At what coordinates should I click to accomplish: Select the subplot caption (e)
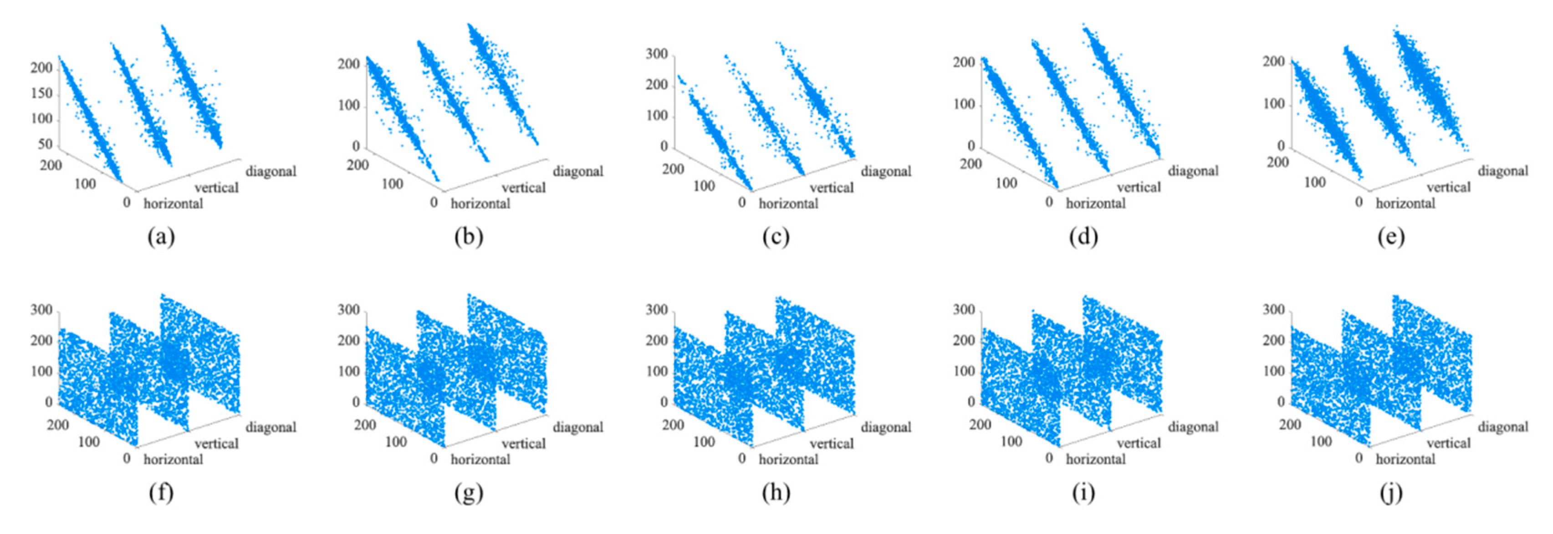(1391, 237)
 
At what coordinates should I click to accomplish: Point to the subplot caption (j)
(1391, 493)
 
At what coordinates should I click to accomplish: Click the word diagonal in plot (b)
(578, 171)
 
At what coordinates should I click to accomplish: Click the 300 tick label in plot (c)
(657, 54)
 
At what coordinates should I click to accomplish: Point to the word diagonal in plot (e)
(1503, 171)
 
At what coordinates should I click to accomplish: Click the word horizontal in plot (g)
(480, 459)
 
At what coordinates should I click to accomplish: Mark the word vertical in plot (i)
(1139, 443)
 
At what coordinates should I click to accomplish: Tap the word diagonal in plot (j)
(1503, 427)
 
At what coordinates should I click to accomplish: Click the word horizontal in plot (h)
(788, 459)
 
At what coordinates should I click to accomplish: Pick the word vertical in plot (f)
(216, 443)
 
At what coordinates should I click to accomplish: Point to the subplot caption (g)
(469, 493)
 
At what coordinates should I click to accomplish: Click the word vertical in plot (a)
(216, 188)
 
